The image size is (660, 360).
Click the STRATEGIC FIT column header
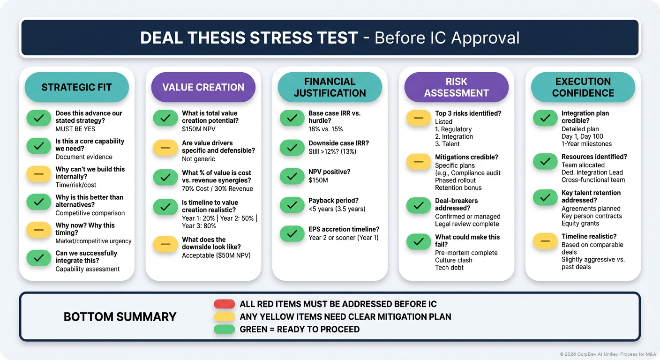pos(76,87)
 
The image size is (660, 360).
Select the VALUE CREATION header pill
pos(203,87)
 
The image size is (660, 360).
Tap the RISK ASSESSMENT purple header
pos(456,87)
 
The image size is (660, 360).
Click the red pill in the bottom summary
pos(224,304)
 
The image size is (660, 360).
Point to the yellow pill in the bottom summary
pos(224,317)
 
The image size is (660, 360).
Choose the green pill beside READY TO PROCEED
pos(224,329)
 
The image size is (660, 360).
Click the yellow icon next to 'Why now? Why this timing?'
pos(39,230)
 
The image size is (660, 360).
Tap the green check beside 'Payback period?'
pos(292,204)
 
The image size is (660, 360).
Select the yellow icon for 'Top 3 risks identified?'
pos(419,118)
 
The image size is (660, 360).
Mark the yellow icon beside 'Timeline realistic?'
pos(545,241)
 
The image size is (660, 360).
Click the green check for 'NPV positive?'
pos(292,176)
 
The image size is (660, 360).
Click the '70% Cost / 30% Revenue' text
pos(217,188)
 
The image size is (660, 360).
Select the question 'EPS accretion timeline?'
pos(344,229)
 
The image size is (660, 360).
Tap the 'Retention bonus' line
pos(458,187)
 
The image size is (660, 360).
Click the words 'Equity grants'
pos(580,223)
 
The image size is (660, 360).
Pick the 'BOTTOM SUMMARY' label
pos(120,317)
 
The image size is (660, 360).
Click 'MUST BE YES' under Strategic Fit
pos(75,128)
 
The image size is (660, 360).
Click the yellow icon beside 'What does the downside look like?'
pos(165,244)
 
